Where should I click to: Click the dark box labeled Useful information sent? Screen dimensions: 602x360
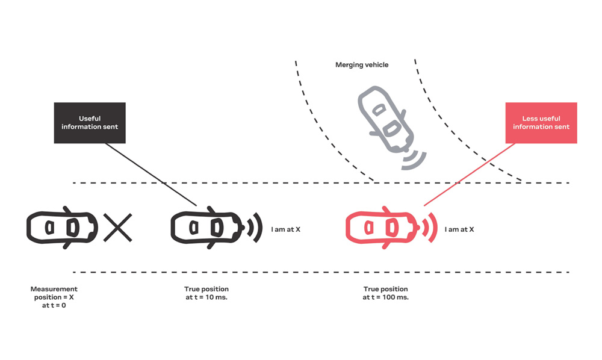click(x=90, y=123)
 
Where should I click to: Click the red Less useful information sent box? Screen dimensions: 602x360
click(x=541, y=123)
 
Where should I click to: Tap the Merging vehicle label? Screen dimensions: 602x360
click(x=362, y=65)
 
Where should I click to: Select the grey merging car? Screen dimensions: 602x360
click(x=385, y=120)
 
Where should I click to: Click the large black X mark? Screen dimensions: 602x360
click(x=118, y=228)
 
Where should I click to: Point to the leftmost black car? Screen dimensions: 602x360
click(x=62, y=228)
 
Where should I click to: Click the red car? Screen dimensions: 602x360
click(x=382, y=228)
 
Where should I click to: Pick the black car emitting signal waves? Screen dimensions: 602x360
click(x=207, y=228)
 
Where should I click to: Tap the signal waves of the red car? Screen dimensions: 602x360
click(x=430, y=228)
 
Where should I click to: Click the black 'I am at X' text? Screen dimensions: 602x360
click(x=285, y=229)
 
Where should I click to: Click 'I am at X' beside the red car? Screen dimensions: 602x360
click(x=459, y=229)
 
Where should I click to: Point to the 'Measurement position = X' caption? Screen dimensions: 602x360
click(x=54, y=297)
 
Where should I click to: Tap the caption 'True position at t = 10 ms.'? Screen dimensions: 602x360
click(x=206, y=293)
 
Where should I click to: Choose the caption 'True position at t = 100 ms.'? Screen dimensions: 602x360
click(x=385, y=293)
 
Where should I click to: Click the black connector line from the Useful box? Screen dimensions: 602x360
click(x=151, y=175)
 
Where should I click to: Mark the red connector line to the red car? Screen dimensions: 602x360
click(x=469, y=175)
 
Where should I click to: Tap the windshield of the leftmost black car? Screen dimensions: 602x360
click(x=73, y=228)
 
